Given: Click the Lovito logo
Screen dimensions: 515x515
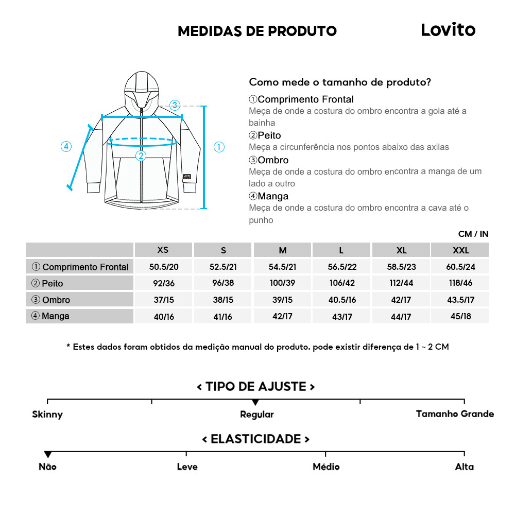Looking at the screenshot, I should click(448, 30).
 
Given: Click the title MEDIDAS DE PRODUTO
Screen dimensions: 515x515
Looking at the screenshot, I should click(257, 31).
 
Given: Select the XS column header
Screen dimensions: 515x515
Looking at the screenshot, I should click(163, 250).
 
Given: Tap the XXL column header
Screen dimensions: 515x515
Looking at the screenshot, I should click(460, 250).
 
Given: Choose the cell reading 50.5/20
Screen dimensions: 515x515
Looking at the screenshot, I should click(163, 267).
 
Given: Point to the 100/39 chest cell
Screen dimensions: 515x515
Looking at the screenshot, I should click(282, 283).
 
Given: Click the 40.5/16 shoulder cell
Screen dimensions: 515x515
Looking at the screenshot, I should click(341, 300).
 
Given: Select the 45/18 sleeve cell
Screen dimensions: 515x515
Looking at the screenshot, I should click(460, 316).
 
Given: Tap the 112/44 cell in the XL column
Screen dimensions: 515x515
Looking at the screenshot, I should click(401, 283).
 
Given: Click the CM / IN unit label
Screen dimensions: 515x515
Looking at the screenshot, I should click(473, 234).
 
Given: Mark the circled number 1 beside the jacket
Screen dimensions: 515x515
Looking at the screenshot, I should click(219, 147).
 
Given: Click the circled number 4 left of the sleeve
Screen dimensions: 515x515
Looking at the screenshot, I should click(66, 146).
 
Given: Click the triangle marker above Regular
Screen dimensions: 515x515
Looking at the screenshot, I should click(255, 402).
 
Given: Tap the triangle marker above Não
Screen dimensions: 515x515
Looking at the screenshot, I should click(48, 455).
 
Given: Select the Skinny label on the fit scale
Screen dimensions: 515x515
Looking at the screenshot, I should click(47, 415).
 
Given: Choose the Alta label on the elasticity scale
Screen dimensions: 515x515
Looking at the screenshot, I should click(464, 467).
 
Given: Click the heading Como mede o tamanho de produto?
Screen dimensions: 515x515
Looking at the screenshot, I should click(340, 82).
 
